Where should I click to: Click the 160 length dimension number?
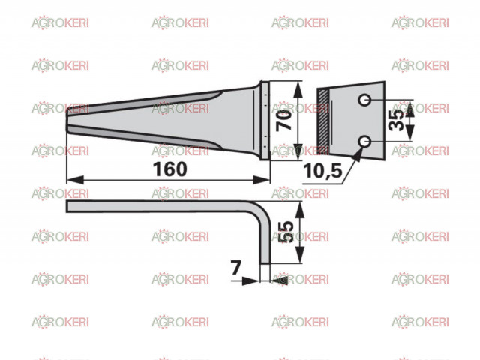click(170, 169)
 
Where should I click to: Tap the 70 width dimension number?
click(284, 121)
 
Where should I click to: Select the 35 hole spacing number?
click(397, 121)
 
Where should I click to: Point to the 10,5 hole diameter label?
click(322, 170)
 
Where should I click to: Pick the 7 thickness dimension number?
click(236, 268)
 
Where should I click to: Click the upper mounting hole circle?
click(364, 100)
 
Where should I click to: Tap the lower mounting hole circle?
click(364, 142)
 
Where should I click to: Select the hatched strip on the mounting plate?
click(323, 121)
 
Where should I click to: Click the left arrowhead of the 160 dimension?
click(75, 180)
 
